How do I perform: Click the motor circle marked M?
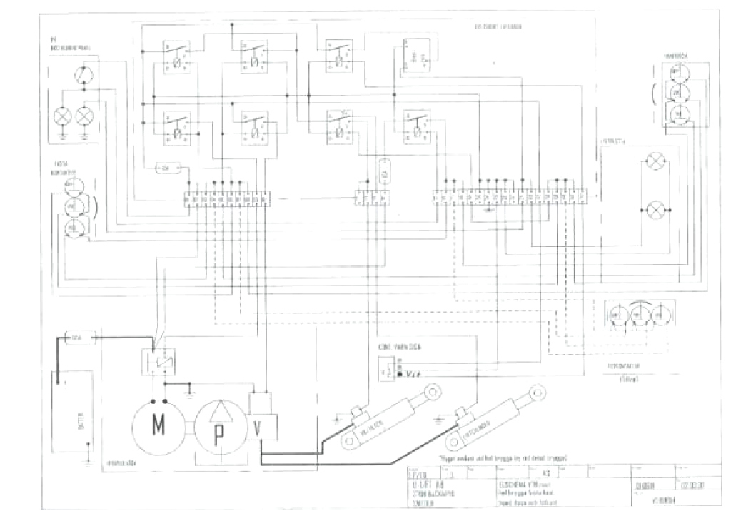tap(157, 429)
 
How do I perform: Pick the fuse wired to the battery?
tap(76, 335)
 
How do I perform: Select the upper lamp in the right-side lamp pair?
tap(655, 162)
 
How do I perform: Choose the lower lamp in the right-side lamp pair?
tap(655, 210)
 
